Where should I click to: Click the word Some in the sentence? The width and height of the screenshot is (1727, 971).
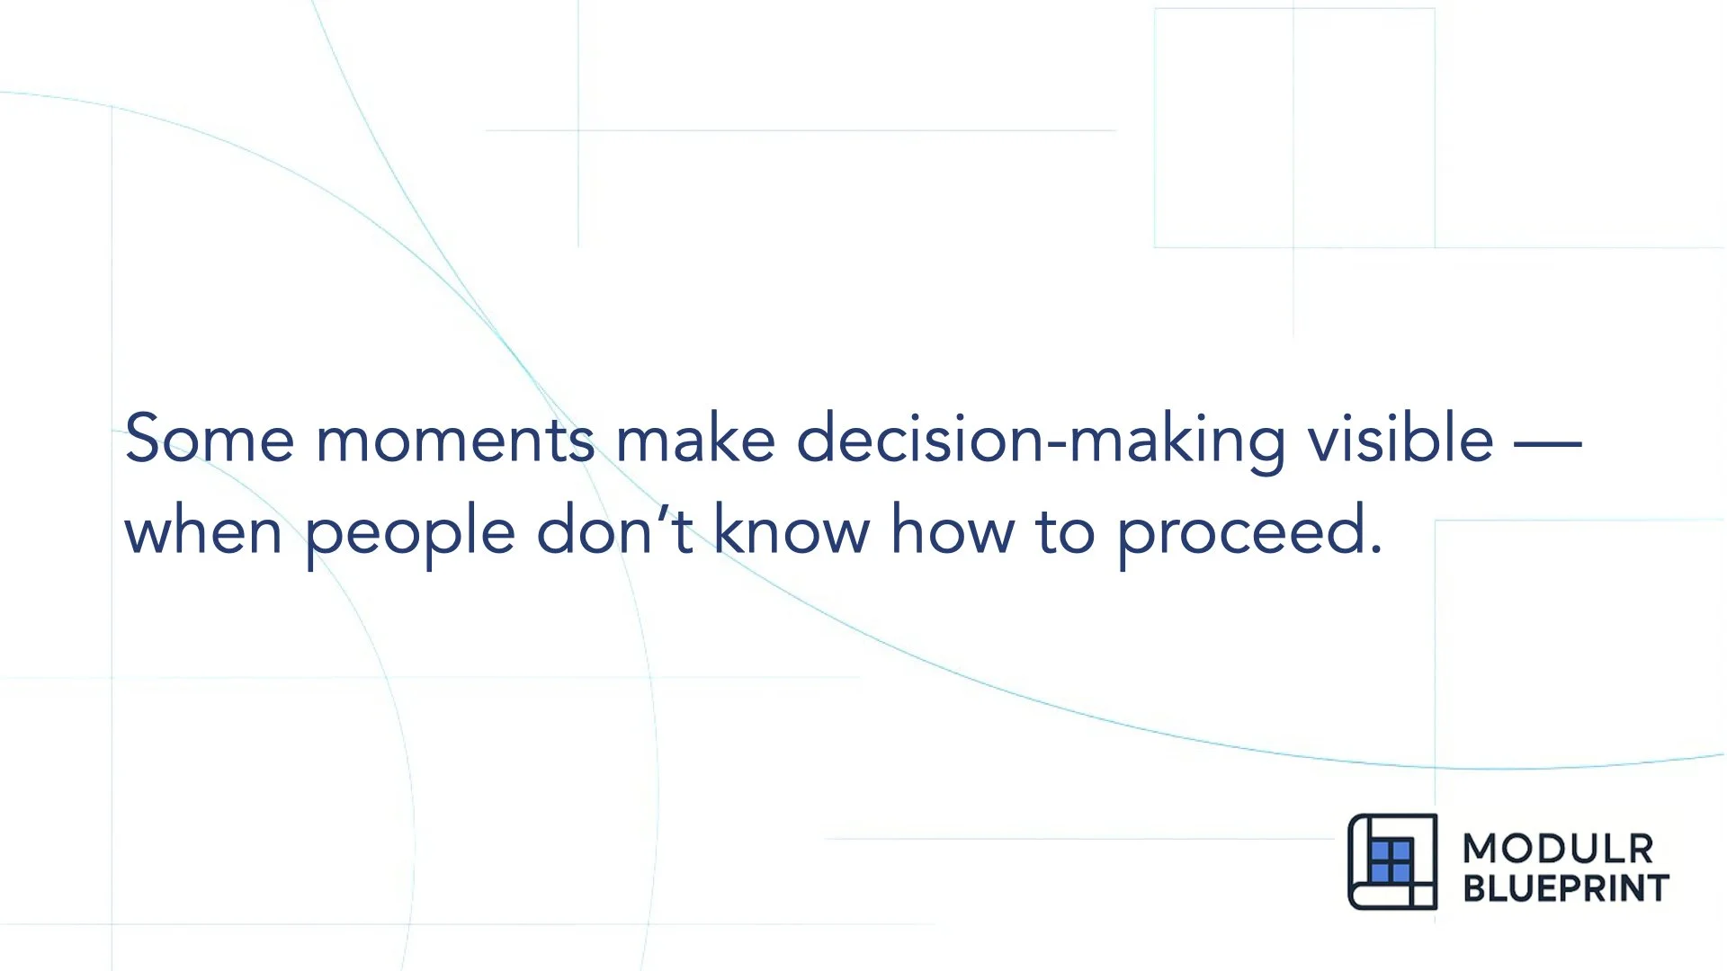[x=209, y=439]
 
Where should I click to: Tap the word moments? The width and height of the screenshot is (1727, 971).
[x=454, y=441]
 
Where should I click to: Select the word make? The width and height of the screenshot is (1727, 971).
[x=694, y=439]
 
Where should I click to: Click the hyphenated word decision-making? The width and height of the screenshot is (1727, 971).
[x=1041, y=441]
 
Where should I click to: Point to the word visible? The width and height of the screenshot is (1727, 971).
[x=1400, y=439]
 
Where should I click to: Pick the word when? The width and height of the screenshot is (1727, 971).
[x=203, y=531]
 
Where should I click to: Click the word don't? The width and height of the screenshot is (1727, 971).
[x=614, y=530]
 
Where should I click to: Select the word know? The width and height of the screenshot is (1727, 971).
[x=792, y=530]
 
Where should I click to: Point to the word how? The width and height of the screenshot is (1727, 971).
[x=952, y=530]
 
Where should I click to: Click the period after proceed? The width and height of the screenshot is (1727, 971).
[x=1375, y=549]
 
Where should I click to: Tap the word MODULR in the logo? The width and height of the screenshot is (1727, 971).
[x=1558, y=849]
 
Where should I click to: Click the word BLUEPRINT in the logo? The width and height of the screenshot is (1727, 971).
[x=1566, y=888]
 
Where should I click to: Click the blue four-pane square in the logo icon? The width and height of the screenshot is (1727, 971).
[x=1391, y=861]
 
